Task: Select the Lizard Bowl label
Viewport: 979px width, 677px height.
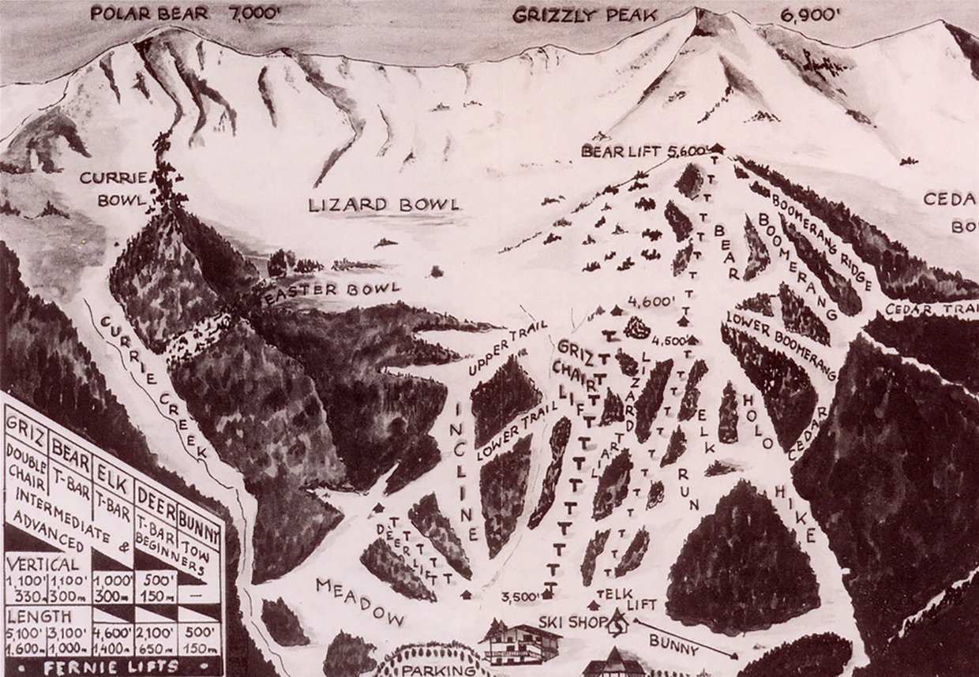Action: point(384,205)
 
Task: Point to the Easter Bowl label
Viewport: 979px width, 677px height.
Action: point(332,291)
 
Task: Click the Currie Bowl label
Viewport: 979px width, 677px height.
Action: point(113,189)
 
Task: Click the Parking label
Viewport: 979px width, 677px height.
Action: point(438,670)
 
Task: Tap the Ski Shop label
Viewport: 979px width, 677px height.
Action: point(563,621)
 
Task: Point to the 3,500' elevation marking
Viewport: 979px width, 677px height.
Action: point(523,597)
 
